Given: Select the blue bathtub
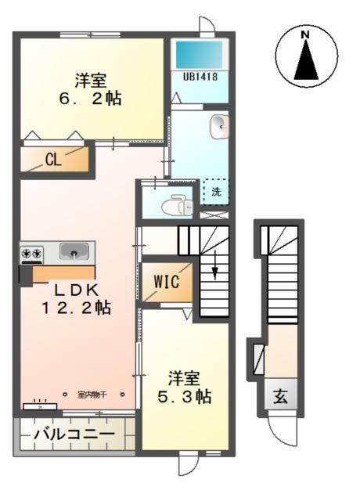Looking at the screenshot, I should click(199, 54).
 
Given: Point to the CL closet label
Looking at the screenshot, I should click(52, 161).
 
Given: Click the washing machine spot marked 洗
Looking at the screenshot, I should click(216, 191).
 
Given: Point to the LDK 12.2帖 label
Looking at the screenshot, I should click(76, 296).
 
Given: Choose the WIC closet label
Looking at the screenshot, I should click(166, 281).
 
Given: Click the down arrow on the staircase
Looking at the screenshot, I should click(214, 272).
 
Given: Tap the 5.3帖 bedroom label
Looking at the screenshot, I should click(184, 387).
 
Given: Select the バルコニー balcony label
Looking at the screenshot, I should click(74, 433).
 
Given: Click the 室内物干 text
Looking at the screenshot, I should click(92, 395).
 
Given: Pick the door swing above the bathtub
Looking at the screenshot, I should click(205, 25).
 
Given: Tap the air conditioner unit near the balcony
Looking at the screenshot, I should click(35, 405).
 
